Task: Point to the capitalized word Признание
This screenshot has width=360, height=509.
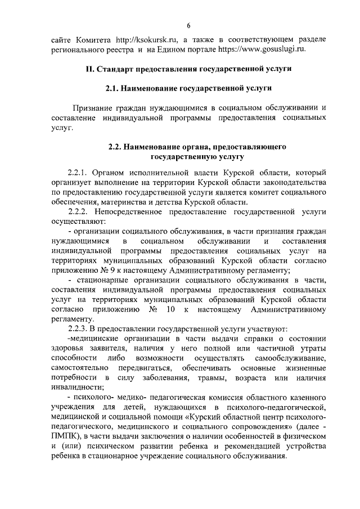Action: (93, 107)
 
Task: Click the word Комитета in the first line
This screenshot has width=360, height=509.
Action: (94, 40)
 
